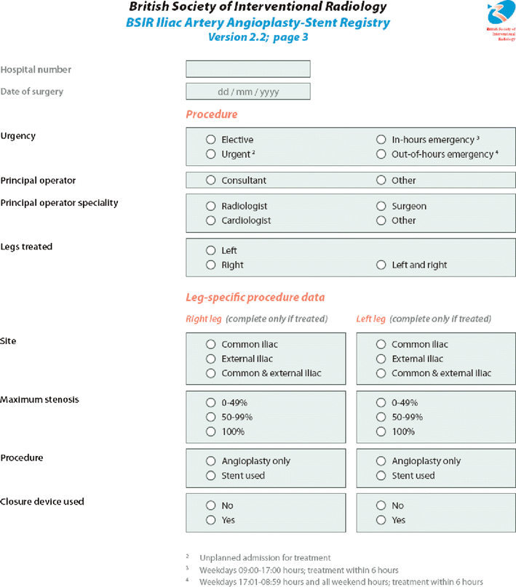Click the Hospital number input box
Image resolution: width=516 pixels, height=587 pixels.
click(x=248, y=69)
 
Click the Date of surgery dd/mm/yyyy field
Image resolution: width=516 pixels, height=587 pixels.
click(x=248, y=92)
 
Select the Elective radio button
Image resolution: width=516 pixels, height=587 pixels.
click(x=211, y=139)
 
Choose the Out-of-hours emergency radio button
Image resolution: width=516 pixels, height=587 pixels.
click(x=381, y=154)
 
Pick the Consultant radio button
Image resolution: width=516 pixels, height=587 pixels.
click(x=211, y=180)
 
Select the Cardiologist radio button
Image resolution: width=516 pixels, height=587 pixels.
click(x=211, y=220)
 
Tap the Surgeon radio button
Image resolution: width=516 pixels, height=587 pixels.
click(x=381, y=206)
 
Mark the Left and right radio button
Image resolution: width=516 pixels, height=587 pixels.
click(x=381, y=265)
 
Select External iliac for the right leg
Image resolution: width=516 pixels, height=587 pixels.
click(x=211, y=359)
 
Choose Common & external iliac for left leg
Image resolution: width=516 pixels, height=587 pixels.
click(x=381, y=373)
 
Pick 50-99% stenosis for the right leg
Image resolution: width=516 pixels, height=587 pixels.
click(x=211, y=417)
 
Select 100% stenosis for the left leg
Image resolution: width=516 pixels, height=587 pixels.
click(x=381, y=431)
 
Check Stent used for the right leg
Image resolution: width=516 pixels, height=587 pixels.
click(x=211, y=476)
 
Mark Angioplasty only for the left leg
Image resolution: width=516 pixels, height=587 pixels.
click(x=381, y=461)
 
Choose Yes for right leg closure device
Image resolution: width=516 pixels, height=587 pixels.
click(x=211, y=520)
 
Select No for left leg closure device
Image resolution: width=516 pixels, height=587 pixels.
click(x=381, y=506)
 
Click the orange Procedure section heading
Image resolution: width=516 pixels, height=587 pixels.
click(x=211, y=114)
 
